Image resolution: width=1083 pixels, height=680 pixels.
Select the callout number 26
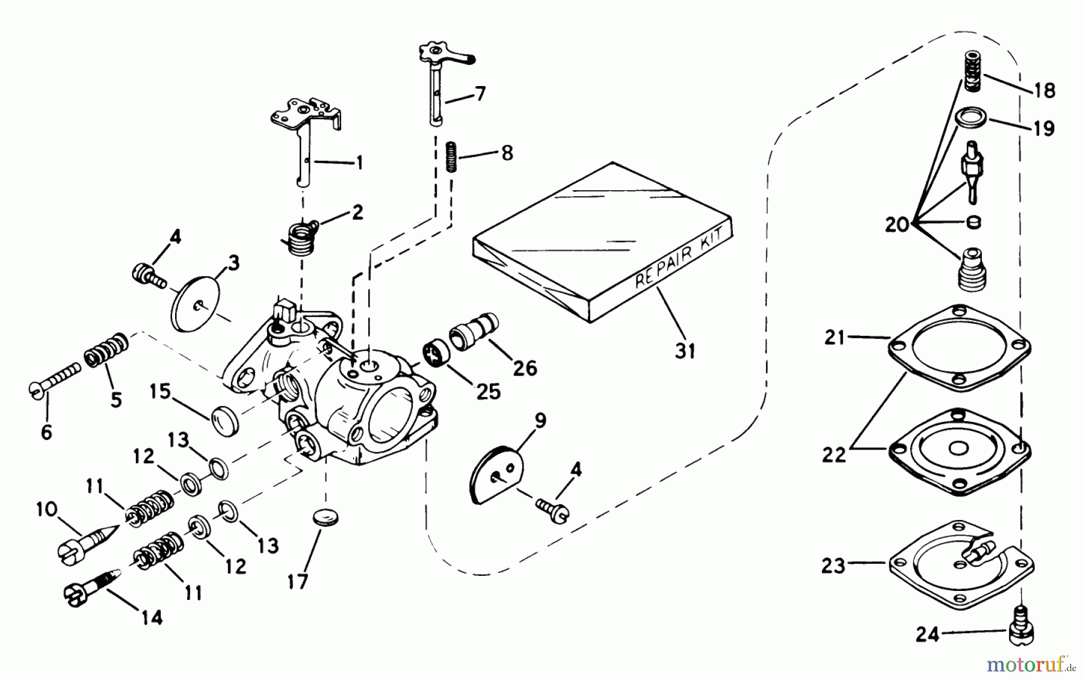pyautogui.click(x=525, y=368)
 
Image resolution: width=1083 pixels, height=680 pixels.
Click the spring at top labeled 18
pyautogui.click(x=973, y=72)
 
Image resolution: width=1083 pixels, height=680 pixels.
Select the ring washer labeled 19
pyautogui.click(x=969, y=116)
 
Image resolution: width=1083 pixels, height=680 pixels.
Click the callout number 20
pyautogui.click(x=896, y=225)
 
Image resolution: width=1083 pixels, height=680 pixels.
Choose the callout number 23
pyautogui.click(x=833, y=566)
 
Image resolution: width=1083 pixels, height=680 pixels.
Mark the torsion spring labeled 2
pyautogui.click(x=298, y=238)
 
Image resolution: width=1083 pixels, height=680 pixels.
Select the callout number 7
pyautogui.click(x=480, y=94)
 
